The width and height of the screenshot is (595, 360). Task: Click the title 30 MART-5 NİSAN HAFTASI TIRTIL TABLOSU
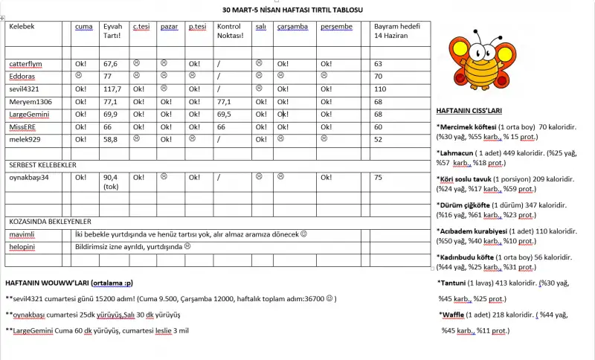pos(293,10)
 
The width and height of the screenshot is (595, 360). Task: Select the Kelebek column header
pos(22,27)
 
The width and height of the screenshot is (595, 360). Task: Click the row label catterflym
pos(29,64)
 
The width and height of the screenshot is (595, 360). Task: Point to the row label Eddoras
pos(23,76)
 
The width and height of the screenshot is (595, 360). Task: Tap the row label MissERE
pos(24,126)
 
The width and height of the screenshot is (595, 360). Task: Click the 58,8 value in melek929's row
pos(111,139)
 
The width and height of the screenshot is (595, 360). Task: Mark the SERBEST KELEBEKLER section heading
pos(42,164)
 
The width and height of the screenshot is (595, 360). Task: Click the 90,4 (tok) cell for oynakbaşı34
pos(112,182)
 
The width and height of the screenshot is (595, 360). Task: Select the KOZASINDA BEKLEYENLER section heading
pos(49,222)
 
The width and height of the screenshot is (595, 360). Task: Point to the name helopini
pos(22,246)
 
